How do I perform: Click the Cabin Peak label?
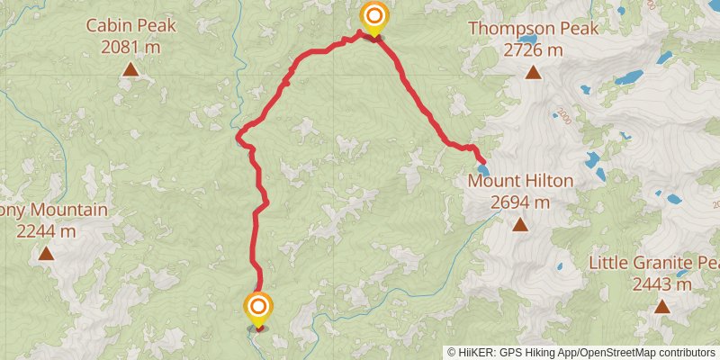(130, 26)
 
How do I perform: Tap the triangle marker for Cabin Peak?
(130, 68)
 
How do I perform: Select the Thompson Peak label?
(533, 30)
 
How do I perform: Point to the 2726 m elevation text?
(533, 50)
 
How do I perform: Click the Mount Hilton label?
(520, 182)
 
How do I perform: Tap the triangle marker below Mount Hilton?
(520, 224)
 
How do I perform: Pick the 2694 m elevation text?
(520, 202)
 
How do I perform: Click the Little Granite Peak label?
(654, 264)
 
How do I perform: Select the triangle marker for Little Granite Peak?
(662, 306)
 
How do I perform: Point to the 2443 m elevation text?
(661, 284)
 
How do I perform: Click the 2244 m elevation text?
(47, 231)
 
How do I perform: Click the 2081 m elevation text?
(130, 47)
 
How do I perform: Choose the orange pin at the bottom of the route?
(258, 307)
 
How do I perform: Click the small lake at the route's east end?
(483, 169)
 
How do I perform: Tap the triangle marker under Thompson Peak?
(533, 71)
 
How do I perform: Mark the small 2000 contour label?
(563, 116)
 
